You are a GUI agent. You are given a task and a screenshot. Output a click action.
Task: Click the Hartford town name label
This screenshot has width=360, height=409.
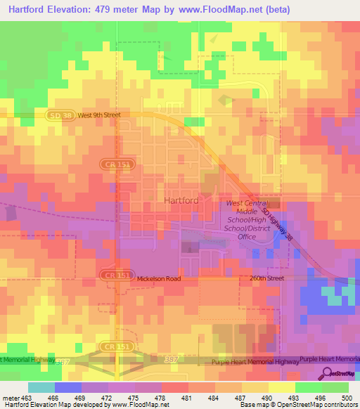[x=181, y=200]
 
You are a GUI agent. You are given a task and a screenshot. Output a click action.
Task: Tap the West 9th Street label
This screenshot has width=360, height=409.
[x=100, y=115]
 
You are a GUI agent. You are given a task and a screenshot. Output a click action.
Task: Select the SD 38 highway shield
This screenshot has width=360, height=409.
[x=60, y=115]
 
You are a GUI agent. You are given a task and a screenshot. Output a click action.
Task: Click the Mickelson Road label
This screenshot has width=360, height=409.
[x=159, y=278]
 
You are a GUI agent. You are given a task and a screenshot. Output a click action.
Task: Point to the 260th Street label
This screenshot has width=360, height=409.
[x=267, y=278]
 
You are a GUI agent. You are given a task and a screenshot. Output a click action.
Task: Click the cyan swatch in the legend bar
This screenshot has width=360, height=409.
[x=41, y=387]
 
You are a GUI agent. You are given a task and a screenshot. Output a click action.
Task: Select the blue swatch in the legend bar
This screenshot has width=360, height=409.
[x=67, y=387]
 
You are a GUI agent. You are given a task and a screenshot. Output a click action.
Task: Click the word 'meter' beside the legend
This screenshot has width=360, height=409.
[x=9, y=397]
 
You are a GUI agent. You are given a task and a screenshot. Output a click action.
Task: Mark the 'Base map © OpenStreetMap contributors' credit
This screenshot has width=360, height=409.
[x=298, y=405]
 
